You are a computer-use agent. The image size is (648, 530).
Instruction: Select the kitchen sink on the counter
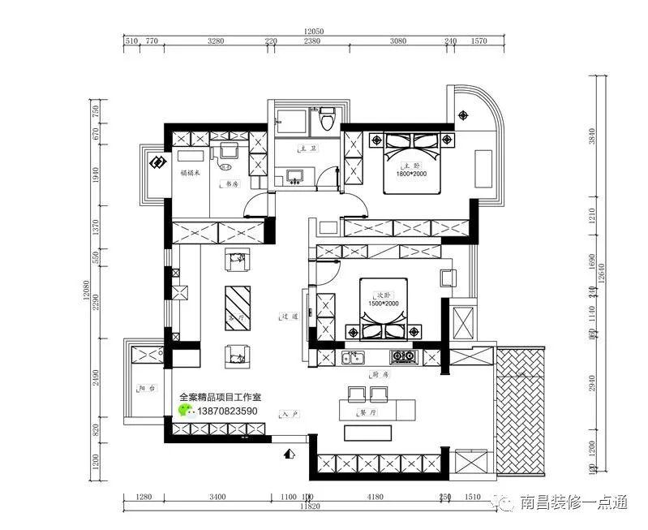[x=352, y=356]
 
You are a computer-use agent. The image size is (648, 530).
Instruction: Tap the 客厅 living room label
[x=237, y=317]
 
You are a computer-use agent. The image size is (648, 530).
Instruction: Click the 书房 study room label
[x=230, y=184]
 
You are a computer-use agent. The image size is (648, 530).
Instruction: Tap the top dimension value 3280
[x=216, y=39]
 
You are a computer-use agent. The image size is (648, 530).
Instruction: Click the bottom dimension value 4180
[x=374, y=496]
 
